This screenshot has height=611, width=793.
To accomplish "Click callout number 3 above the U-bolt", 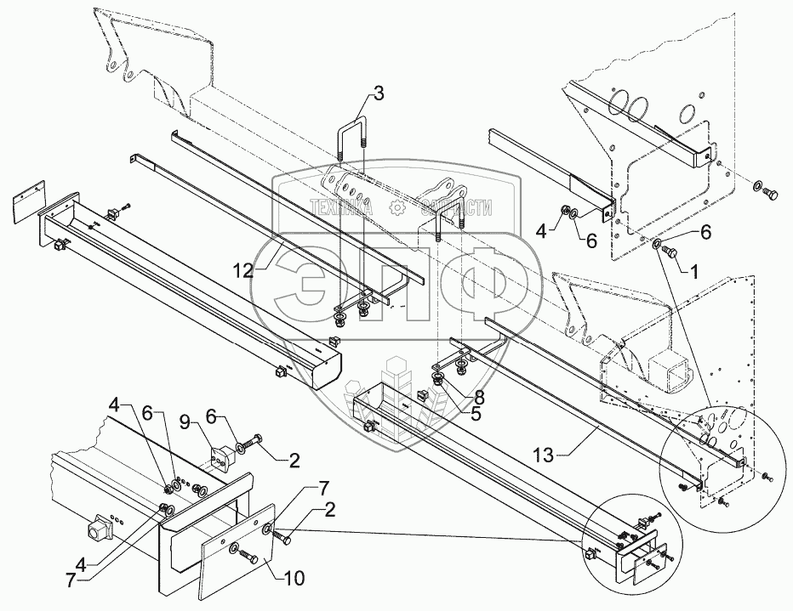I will pos(378,93).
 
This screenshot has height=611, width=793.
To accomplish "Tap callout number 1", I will pos(694,274).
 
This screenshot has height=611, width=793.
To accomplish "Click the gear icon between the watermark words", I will pos(396,207).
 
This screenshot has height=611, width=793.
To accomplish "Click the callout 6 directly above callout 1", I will pos(705,229).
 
